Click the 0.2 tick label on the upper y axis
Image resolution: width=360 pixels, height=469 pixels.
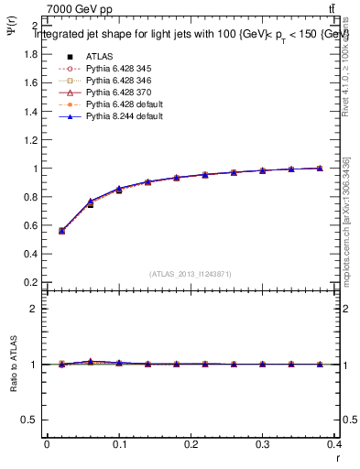pos(29,282)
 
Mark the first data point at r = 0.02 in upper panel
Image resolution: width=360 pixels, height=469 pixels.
pos(61,231)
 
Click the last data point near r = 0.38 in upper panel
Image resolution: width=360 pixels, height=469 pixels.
pos(320,169)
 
